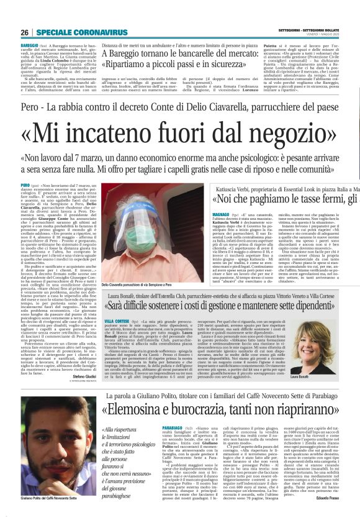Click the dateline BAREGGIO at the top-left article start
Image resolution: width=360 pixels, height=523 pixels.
pos(29,46)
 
